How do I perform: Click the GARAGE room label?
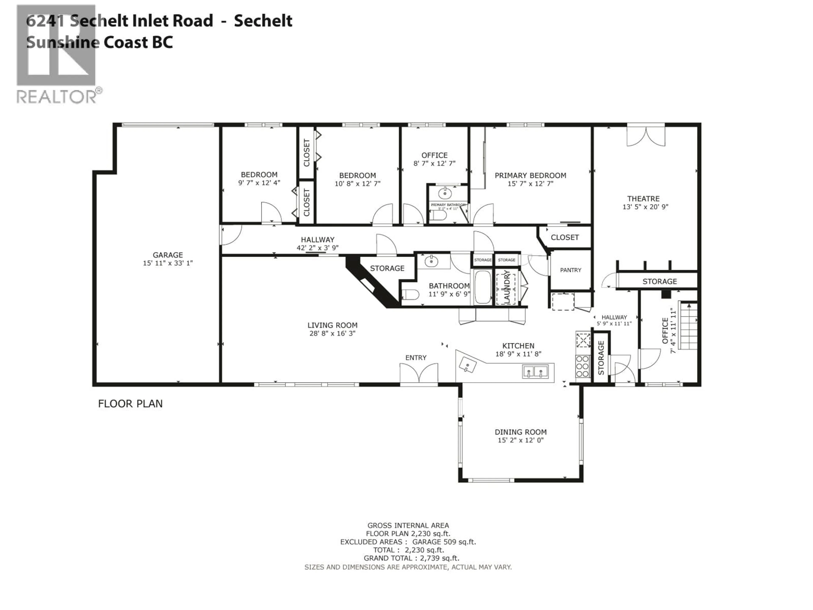tap(168, 255)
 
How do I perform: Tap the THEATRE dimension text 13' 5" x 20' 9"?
tap(645, 207)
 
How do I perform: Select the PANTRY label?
tap(570, 270)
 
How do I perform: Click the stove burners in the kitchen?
tap(583, 366)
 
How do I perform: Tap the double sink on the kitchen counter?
tap(535, 372)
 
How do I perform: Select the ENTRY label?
tap(416, 357)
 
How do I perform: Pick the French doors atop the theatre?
tap(646, 136)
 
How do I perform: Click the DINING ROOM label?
tap(520, 432)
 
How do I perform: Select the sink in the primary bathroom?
tap(445, 193)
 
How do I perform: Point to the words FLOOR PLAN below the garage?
tap(130, 404)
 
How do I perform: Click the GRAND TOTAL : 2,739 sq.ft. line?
tap(411, 558)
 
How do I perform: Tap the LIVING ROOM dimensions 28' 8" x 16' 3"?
tap(332, 334)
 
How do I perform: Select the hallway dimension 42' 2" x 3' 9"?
tap(318, 248)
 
